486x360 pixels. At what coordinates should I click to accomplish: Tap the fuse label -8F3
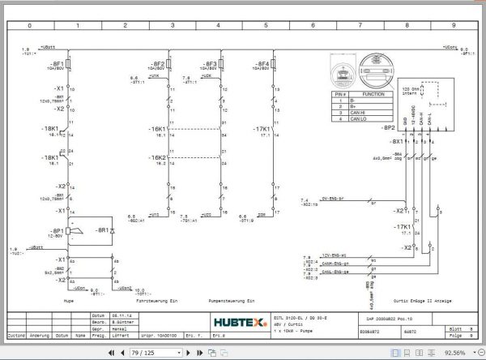(x=209, y=62)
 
